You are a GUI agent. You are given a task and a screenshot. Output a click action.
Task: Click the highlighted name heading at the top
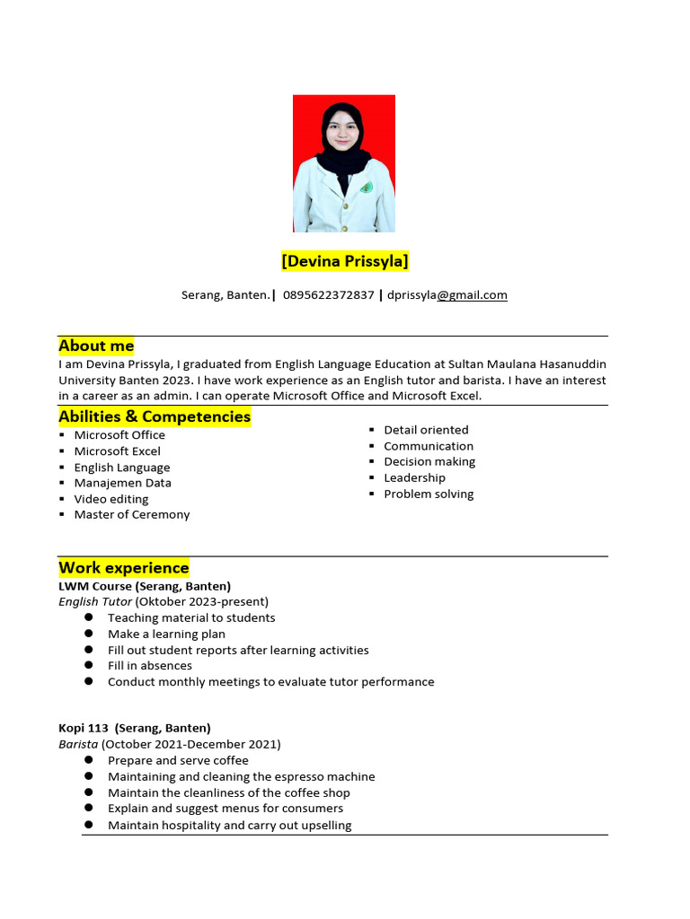click(x=344, y=261)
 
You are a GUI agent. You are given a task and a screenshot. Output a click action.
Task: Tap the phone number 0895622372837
click(x=328, y=295)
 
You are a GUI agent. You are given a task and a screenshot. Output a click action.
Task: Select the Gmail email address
click(x=447, y=295)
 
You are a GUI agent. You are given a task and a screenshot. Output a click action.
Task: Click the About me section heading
click(x=96, y=346)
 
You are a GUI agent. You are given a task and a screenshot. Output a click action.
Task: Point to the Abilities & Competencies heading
click(x=155, y=416)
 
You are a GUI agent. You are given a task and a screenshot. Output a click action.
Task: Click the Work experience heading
click(x=124, y=568)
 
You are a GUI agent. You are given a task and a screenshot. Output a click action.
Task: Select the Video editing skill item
click(x=111, y=499)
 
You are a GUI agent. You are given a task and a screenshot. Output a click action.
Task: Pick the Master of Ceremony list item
click(x=132, y=515)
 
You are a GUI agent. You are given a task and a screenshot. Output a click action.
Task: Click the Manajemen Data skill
click(x=122, y=483)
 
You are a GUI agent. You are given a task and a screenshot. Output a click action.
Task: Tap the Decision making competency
click(x=429, y=462)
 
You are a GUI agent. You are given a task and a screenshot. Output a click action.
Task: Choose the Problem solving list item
click(x=429, y=495)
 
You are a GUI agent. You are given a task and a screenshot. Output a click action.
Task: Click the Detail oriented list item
click(x=426, y=430)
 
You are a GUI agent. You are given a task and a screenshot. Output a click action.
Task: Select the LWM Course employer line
click(x=145, y=586)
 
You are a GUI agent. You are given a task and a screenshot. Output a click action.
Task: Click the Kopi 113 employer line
click(x=135, y=728)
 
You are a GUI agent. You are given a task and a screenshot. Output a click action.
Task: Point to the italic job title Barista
click(x=78, y=744)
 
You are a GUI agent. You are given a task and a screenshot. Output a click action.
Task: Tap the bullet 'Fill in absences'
click(x=150, y=666)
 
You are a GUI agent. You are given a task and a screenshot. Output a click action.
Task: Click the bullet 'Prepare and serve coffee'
click(x=178, y=760)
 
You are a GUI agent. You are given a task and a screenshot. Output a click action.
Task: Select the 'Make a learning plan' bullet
click(x=166, y=634)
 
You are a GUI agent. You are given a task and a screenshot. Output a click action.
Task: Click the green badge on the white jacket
click(x=366, y=188)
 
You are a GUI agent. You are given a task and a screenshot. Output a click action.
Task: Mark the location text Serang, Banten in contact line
click(x=225, y=295)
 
